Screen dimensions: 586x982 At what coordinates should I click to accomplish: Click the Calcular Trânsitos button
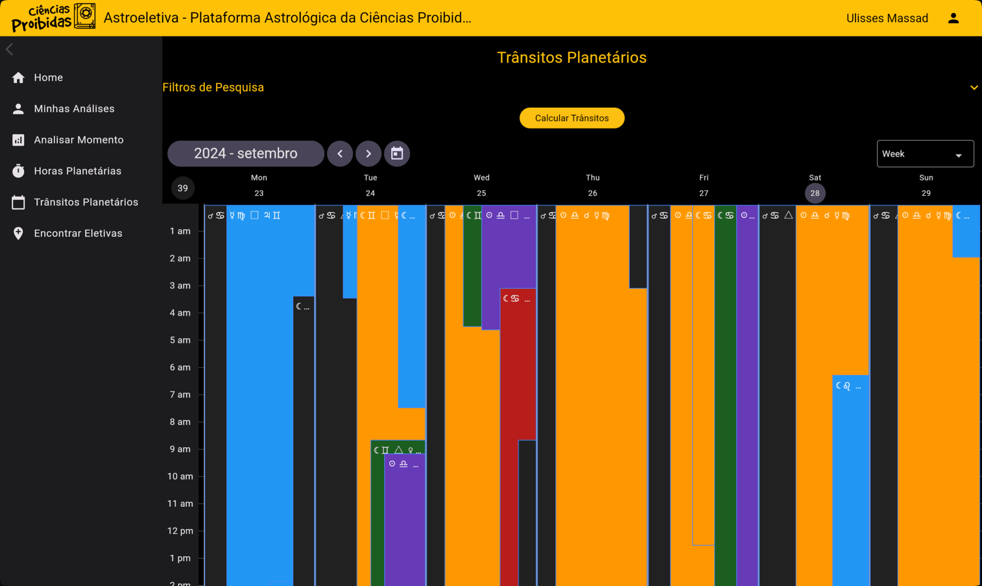coord(571,118)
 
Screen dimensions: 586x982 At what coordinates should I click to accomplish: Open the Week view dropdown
coord(924,154)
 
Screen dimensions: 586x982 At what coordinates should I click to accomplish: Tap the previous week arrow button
coord(340,154)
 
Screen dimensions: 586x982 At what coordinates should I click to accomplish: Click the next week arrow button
coord(368,154)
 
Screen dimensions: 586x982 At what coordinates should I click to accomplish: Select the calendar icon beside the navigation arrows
coord(397,154)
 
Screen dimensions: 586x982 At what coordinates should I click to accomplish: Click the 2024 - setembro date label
coord(246,154)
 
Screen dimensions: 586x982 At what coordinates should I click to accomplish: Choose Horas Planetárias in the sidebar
coord(77,171)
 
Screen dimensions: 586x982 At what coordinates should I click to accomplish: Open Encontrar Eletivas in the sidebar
coord(78,233)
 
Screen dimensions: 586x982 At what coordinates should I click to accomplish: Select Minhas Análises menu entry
coord(74,108)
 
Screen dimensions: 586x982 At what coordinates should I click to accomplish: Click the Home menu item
coord(48,77)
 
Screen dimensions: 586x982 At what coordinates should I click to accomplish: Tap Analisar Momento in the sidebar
coord(78,140)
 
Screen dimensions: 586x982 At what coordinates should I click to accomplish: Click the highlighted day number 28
coord(815,193)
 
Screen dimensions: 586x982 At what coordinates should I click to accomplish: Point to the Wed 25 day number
coord(481,193)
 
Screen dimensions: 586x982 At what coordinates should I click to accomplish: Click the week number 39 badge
coord(183,188)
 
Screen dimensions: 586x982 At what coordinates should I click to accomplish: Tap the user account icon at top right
coord(953,18)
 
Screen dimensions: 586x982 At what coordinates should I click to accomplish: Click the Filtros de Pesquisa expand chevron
coord(974,88)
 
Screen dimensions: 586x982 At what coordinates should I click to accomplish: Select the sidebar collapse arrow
coord(10,49)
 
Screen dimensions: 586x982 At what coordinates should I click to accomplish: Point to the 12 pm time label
coord(180,531)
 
